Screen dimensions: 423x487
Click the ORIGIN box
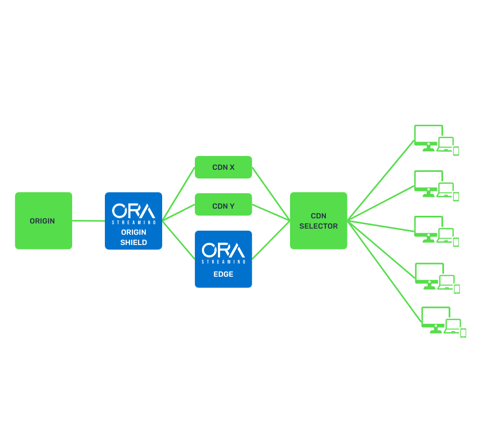click(x=43, y=220)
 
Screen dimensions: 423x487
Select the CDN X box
click(x=223, y=167)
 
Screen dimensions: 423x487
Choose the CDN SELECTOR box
click(x=318, y=220)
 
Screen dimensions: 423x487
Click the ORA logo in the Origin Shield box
click(x=133, y=211)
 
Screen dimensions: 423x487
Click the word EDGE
click(x=223, y=274)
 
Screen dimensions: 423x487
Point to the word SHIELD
click(x=134, y=242)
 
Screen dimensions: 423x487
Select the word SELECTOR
click(x=318, y=226)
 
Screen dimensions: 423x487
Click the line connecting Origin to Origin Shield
click(x=88, y=221)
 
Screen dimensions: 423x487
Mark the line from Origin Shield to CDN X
click(x=179, y=194)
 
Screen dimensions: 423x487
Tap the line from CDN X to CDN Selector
click(x=271, y=194)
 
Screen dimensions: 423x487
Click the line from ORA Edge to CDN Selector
click(x=271, y=240)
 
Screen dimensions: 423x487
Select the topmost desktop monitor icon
click(x=428, y=136)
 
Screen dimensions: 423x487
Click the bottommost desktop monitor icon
click(x=435, y=318)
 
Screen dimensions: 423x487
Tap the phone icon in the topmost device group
click(x=456, y=151)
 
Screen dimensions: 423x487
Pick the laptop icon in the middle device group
click(x=446, y=235)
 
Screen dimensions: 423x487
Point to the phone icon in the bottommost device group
click(x=463, y=333)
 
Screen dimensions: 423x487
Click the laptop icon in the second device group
click(x=446, y=190)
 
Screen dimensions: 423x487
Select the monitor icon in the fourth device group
click(x=429, y=274)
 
